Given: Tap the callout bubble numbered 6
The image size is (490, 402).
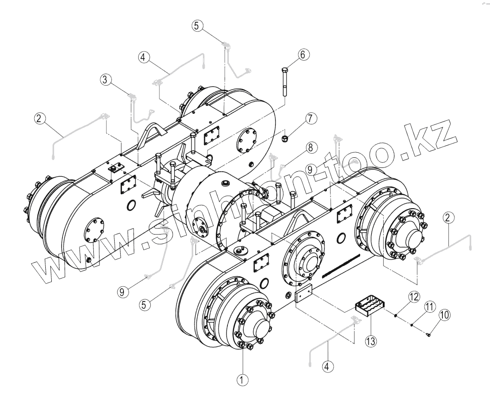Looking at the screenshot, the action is coord(303,55).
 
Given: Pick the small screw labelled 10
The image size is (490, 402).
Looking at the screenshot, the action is coord(429,334).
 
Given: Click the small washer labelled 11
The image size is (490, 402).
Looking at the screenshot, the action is coord(411,325).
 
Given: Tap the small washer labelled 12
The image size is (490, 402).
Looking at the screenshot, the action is coord(396,316).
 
